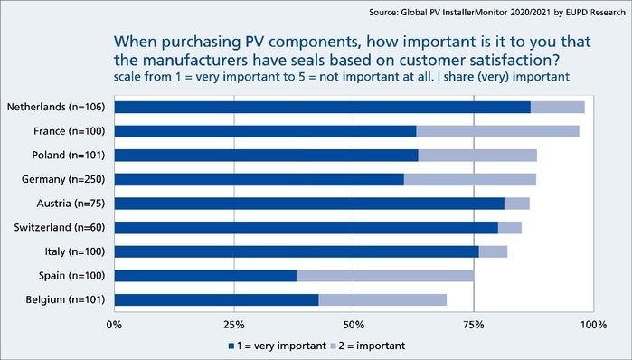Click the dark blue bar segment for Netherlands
(x=323, y=108)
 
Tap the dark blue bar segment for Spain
(x=206, y=275)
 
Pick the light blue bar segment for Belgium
(x=382, y=299)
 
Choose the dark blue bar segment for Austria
(x=309, y=204)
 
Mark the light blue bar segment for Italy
(x=493, y=251)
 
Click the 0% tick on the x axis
(x=115, y=323)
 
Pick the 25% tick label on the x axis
(x=234, y=323)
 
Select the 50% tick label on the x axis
(x=354, y=323)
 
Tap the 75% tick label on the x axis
(x=474, y=323)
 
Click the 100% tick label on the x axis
(x=592, y=323)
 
